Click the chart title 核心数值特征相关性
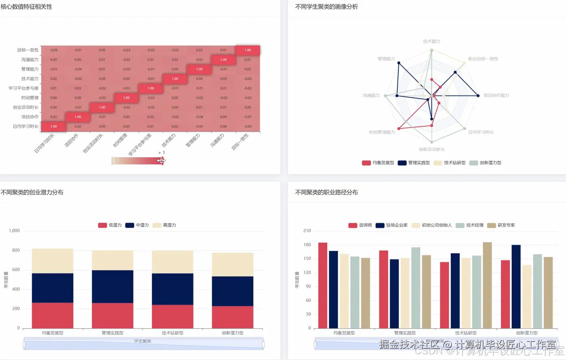(x=26, y=7)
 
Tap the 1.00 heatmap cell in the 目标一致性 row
(x=247, y=50)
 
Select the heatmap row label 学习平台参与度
(x=24, y=88)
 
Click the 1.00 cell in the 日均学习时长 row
(x=53, y=126)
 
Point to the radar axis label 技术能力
(x=431, y=41)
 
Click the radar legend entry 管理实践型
(x=414, y=163)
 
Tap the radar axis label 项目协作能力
(x=496, y=95)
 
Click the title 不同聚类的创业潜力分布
(x=32, y=193)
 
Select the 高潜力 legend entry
(x=165, y=225)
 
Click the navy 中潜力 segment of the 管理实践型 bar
(x=113, y=286)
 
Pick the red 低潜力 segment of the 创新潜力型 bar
(x=232, y=317)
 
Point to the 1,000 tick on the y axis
(x=14, y=231)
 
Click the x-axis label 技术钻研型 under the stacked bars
(x=172, y=333)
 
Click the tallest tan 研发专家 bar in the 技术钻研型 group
(x=487, y=284)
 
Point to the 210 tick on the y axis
(x=307, y=231)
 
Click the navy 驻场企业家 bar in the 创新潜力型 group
(x=516, y=286)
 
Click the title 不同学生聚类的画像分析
(x=326, y=7)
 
